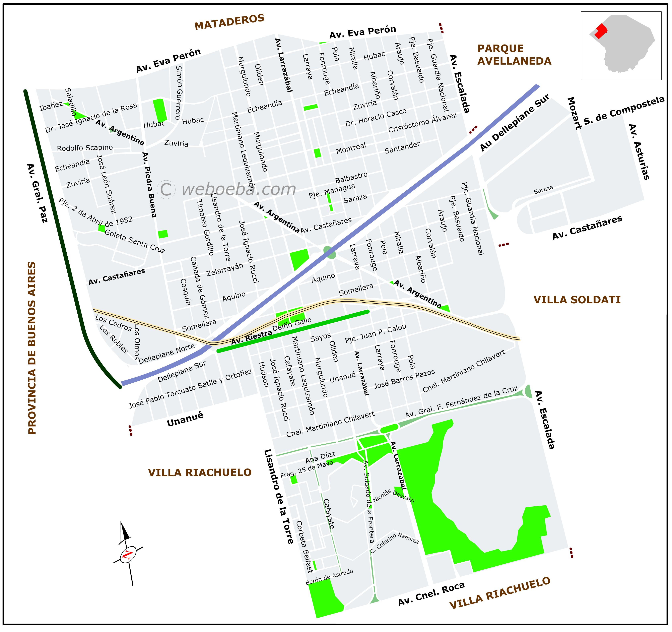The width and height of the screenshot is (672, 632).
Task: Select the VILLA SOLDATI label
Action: coord(577,300)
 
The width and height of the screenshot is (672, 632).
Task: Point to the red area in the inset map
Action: coord(600,31)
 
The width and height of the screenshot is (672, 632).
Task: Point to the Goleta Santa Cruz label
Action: coord(135,241)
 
